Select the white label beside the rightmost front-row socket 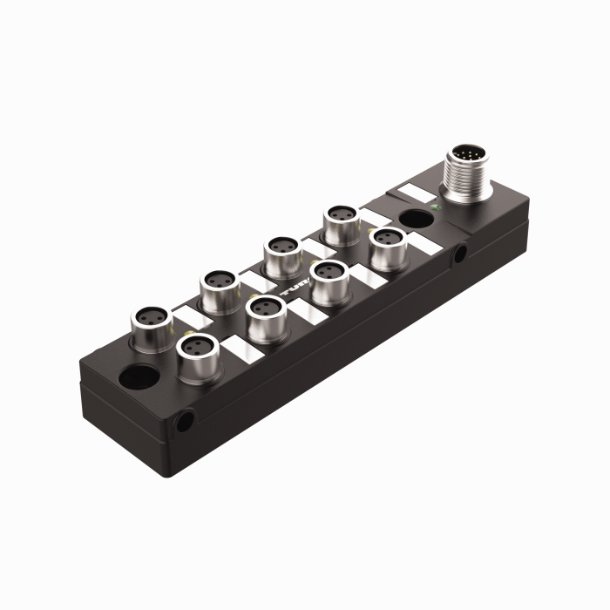tap(422, 245)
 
